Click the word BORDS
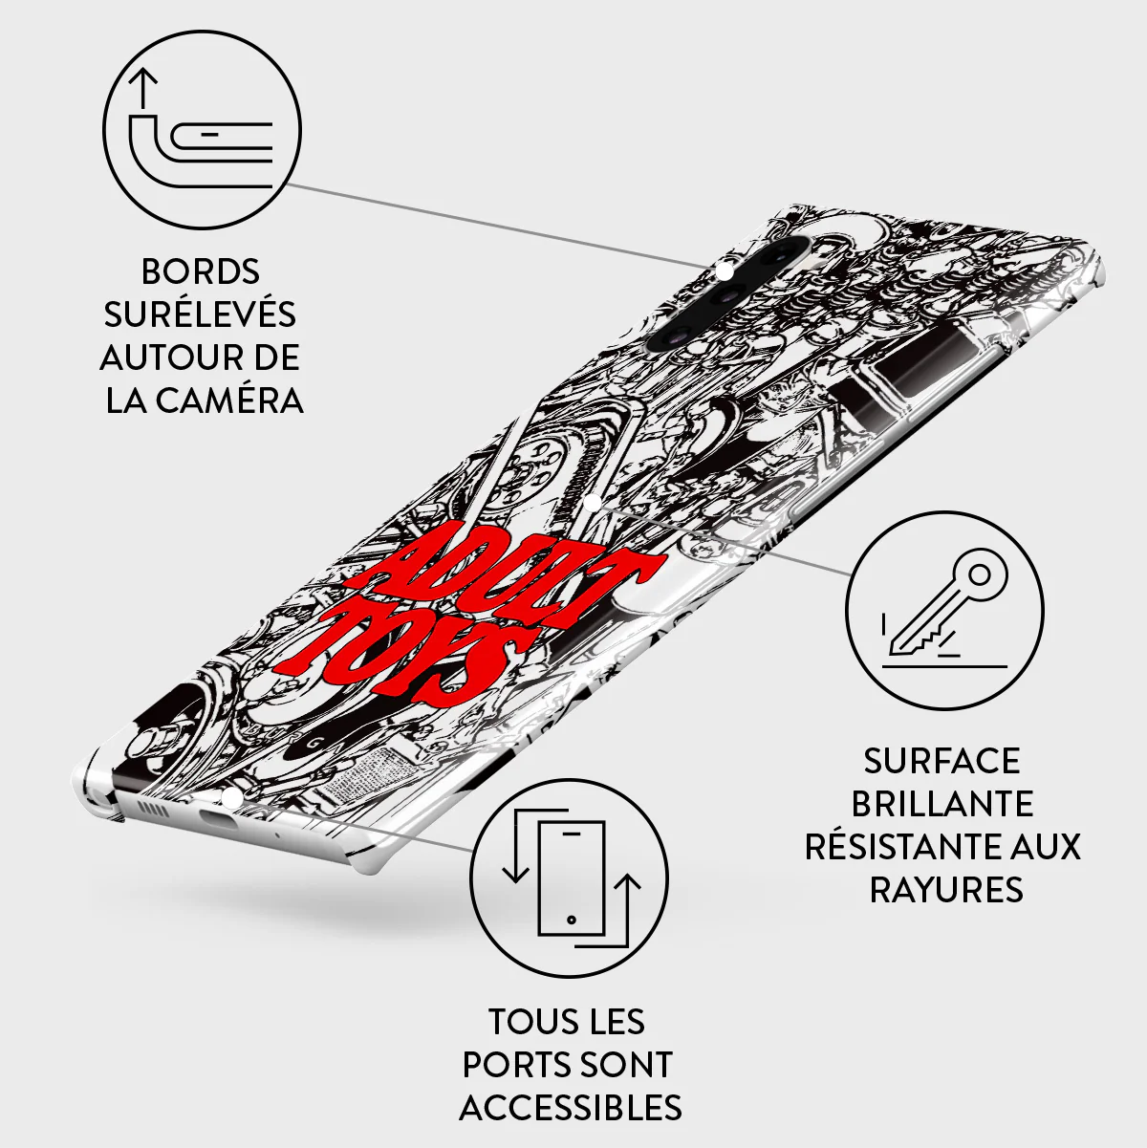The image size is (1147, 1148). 200,271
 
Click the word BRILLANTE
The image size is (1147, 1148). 942,804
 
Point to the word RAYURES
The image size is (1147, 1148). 946,890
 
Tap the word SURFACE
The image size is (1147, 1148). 942,761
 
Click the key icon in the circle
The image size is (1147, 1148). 943,611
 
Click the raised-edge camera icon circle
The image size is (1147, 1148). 202,130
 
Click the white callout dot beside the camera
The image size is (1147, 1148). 724,271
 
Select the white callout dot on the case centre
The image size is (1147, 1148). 592,502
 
